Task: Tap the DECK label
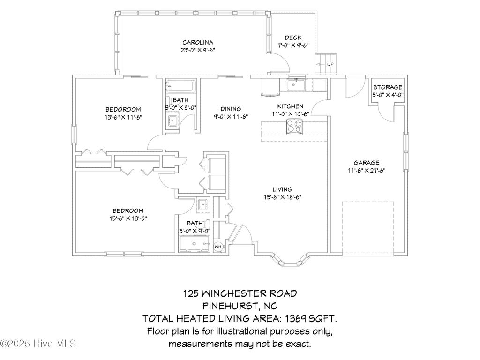tap(293, 38)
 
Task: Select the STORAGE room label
tap(388, 87)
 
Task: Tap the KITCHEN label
tap(290, 106)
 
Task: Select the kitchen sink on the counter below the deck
tap(296, 85)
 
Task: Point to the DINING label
tap(231, 109)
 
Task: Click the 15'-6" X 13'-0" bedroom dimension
tap(127, 218)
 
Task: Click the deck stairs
tap(326, 64)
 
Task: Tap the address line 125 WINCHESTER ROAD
tap(240, 294)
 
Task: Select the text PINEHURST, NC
tap(240, 306)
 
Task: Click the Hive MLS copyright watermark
tap(38, 344)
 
